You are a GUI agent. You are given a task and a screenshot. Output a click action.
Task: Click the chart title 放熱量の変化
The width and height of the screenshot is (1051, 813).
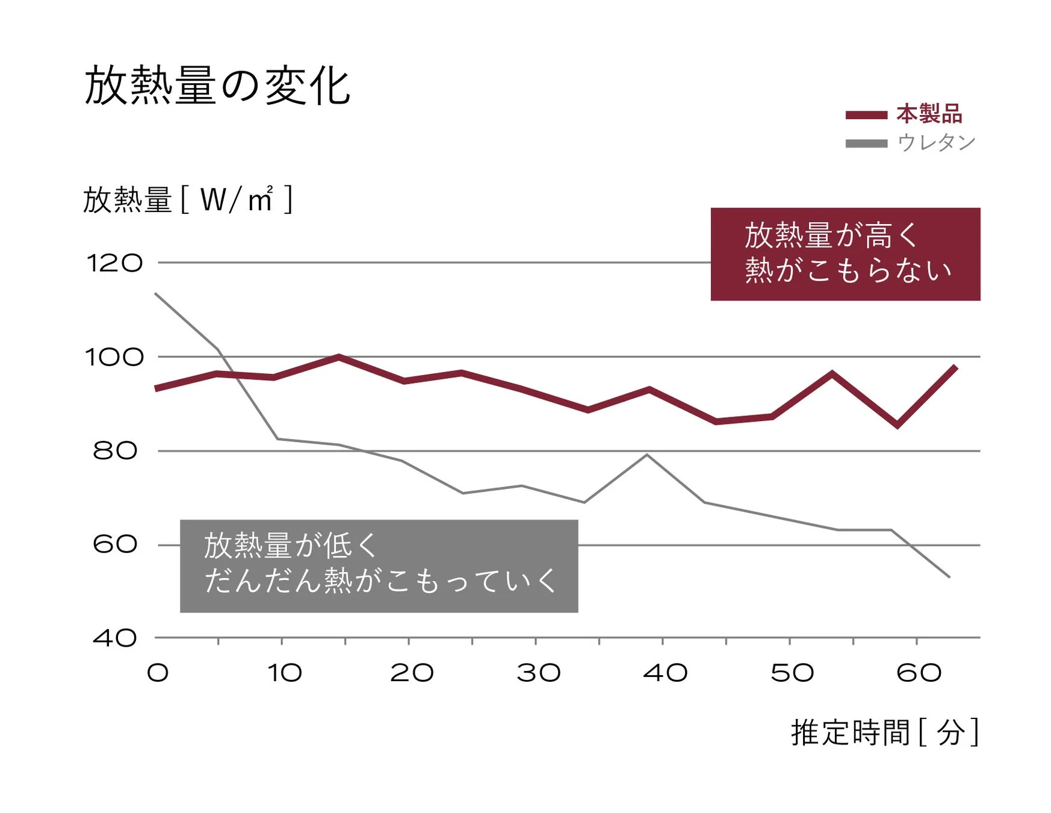[217, 86]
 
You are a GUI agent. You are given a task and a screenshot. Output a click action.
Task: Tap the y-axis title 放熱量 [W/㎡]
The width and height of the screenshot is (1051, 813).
[187, 199]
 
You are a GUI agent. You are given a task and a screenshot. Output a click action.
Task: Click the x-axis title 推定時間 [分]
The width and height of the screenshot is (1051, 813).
[884, 732]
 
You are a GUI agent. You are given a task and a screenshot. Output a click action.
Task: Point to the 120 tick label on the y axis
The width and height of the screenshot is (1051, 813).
[115, 263]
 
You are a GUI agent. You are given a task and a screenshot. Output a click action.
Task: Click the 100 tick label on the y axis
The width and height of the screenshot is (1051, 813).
[115, 357]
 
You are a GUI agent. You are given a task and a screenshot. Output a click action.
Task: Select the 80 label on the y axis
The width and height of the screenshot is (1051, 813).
[115, 450]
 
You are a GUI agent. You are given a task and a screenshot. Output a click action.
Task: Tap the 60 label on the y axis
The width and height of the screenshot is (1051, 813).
[115, 544]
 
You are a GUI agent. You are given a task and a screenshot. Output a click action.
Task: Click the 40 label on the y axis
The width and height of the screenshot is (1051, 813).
[115, 638]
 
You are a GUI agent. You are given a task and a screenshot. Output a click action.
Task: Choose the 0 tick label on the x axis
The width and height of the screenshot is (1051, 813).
[158, 673]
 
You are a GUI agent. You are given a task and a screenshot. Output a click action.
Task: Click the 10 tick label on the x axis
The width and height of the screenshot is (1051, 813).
[285, 673]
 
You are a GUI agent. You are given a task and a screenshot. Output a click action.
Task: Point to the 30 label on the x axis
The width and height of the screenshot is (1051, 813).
[539, 673]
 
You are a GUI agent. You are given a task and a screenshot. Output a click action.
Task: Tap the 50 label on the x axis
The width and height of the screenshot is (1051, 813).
[792, 673]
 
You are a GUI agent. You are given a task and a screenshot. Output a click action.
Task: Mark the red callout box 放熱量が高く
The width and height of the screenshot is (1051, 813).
[845, 254]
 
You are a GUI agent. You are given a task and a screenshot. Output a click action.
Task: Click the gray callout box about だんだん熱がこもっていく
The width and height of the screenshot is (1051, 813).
[379, 566]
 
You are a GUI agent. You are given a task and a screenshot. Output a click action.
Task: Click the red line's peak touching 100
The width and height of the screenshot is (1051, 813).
[338, 357]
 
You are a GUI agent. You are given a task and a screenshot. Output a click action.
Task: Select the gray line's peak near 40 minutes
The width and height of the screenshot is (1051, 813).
[646, 455]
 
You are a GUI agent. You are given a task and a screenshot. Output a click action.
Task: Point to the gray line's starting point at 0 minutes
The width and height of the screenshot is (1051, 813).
[156, 293]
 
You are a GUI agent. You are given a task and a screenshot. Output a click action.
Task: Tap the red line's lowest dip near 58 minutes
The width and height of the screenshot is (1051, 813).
[898, 425]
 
